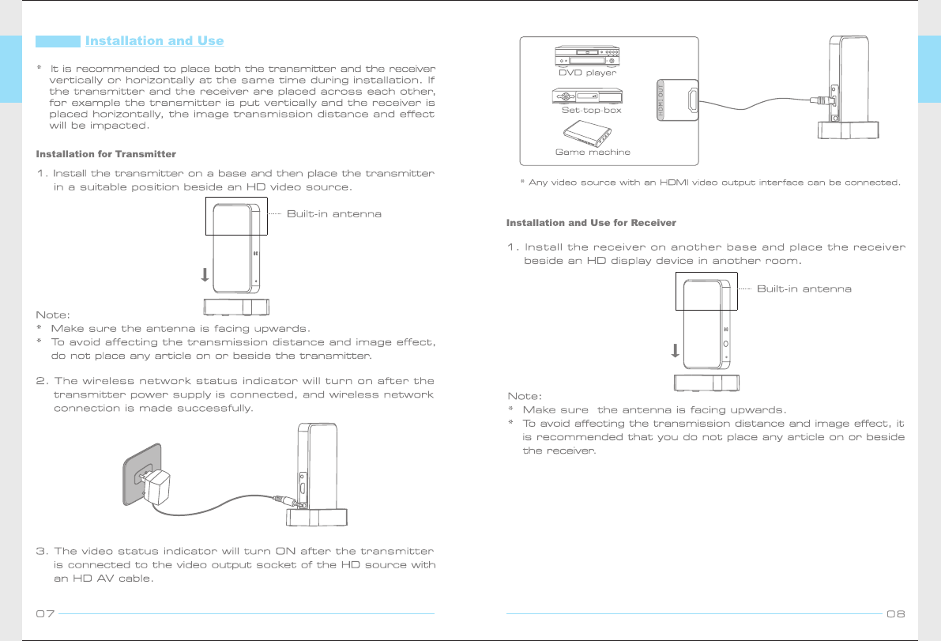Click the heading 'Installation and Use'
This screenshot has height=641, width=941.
(x=154, y=41)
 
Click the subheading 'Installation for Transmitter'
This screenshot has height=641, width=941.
(x=106, y=153)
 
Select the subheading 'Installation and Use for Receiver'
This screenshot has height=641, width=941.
(x=591, y=223)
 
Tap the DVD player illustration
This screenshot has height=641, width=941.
(x=587, y=56)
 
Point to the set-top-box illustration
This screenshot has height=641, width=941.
(x=585, y=96)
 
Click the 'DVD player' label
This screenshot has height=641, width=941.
(x=587, y=73)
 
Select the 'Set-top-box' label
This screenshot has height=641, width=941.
(x=591, y=111)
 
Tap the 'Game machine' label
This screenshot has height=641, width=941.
(x=593, y=152)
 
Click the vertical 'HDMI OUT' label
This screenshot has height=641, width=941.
(x=661, y=100)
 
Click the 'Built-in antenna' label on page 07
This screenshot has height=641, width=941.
(x=333, y=214)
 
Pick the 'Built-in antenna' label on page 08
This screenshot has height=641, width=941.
(x=804, y=288)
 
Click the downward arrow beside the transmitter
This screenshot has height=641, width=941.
(x=205, y=275)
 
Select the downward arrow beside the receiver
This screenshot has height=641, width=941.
(x=675, y=350)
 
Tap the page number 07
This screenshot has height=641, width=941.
(x=45, y=614)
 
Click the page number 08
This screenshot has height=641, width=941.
(x=895, y=614)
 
